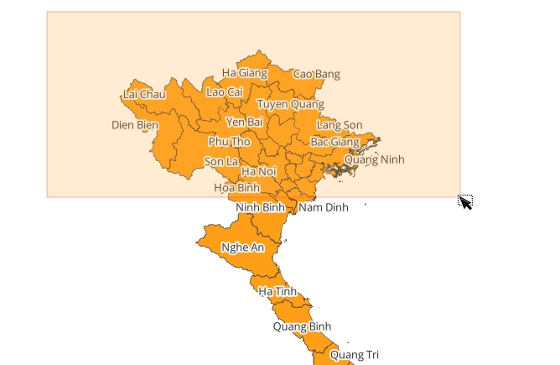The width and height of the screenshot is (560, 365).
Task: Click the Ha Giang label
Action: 244,73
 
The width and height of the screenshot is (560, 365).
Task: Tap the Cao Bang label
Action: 316,75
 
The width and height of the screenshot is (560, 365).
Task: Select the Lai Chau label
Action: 144,94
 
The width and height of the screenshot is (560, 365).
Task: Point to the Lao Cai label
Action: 224,91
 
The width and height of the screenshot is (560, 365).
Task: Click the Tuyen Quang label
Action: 289,105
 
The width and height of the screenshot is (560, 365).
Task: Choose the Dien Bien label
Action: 134,126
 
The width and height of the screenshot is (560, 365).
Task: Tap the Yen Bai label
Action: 244,123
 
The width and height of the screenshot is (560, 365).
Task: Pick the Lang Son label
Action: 340,125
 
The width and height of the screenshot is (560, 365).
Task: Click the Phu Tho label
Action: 229,142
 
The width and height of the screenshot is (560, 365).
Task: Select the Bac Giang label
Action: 334,142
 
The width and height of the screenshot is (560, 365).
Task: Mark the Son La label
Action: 221,161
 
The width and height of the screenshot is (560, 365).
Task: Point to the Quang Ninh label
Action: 374,159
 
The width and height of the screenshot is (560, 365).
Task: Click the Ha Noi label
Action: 258,171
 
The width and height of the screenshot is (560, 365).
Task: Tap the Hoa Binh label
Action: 237,188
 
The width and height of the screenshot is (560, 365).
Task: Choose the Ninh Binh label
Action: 261,207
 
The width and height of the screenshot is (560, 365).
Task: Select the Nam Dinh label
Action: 323,207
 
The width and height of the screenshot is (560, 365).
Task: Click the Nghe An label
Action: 242,248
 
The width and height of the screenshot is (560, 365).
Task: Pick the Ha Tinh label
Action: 277,291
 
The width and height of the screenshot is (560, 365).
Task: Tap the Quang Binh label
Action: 303,326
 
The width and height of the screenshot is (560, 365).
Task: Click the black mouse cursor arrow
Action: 464,201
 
